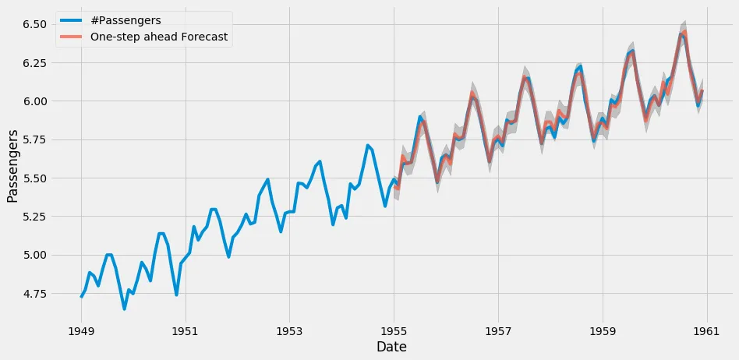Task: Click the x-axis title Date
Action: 391,346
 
